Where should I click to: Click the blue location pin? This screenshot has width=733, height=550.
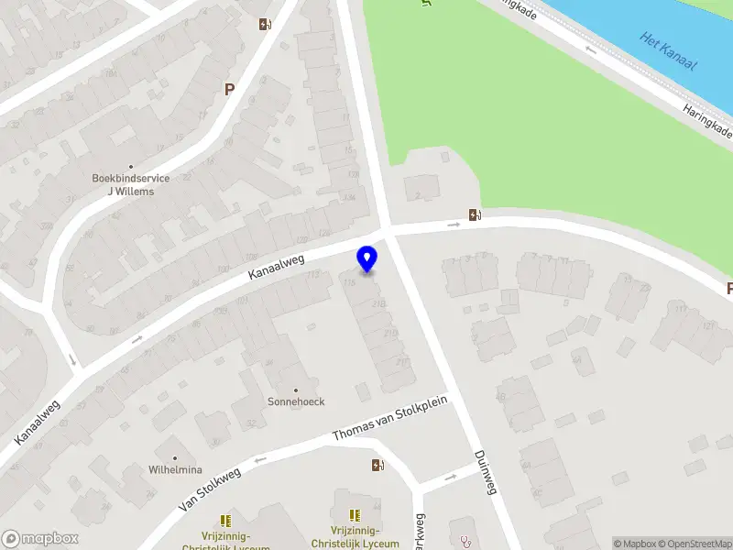coord(366,258)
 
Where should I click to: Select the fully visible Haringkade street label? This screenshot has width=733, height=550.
coord(707,120)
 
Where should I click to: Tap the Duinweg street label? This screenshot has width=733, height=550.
coord(485,472)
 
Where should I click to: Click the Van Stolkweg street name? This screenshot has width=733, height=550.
coord(210,489)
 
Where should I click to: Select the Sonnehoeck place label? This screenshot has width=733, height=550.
coord(296,401)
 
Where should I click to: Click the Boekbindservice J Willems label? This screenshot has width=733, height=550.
coord(130,184)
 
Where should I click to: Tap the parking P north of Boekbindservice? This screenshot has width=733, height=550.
coord(229,90)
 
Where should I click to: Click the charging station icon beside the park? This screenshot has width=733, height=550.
coord(474,215)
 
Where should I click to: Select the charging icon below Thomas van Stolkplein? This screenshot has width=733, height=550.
coord(377,465)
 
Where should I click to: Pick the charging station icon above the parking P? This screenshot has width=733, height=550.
coord(265,25)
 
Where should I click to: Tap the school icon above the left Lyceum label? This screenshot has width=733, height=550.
coord(225,521)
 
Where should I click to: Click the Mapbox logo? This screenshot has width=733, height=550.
coord(40,539)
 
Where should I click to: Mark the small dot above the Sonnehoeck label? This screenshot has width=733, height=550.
coord(296,390)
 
